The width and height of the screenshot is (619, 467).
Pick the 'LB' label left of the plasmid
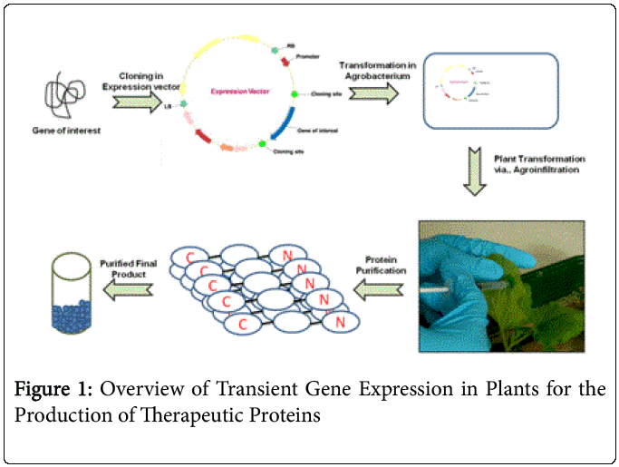(x=169, y=106)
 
